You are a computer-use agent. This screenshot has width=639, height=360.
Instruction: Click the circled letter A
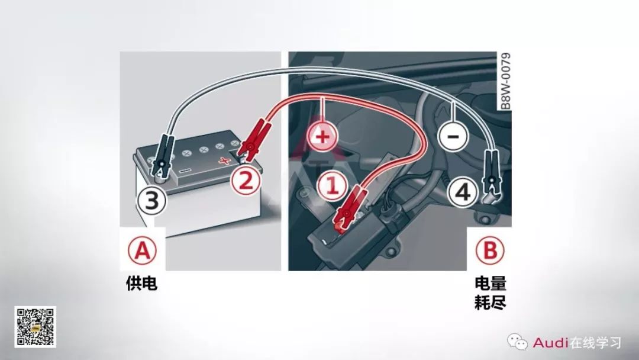click(x=142, y=251)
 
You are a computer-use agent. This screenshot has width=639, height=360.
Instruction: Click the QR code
click(x=35, y=326)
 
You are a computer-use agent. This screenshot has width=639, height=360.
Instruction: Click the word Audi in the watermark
click(x=550, y=342)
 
